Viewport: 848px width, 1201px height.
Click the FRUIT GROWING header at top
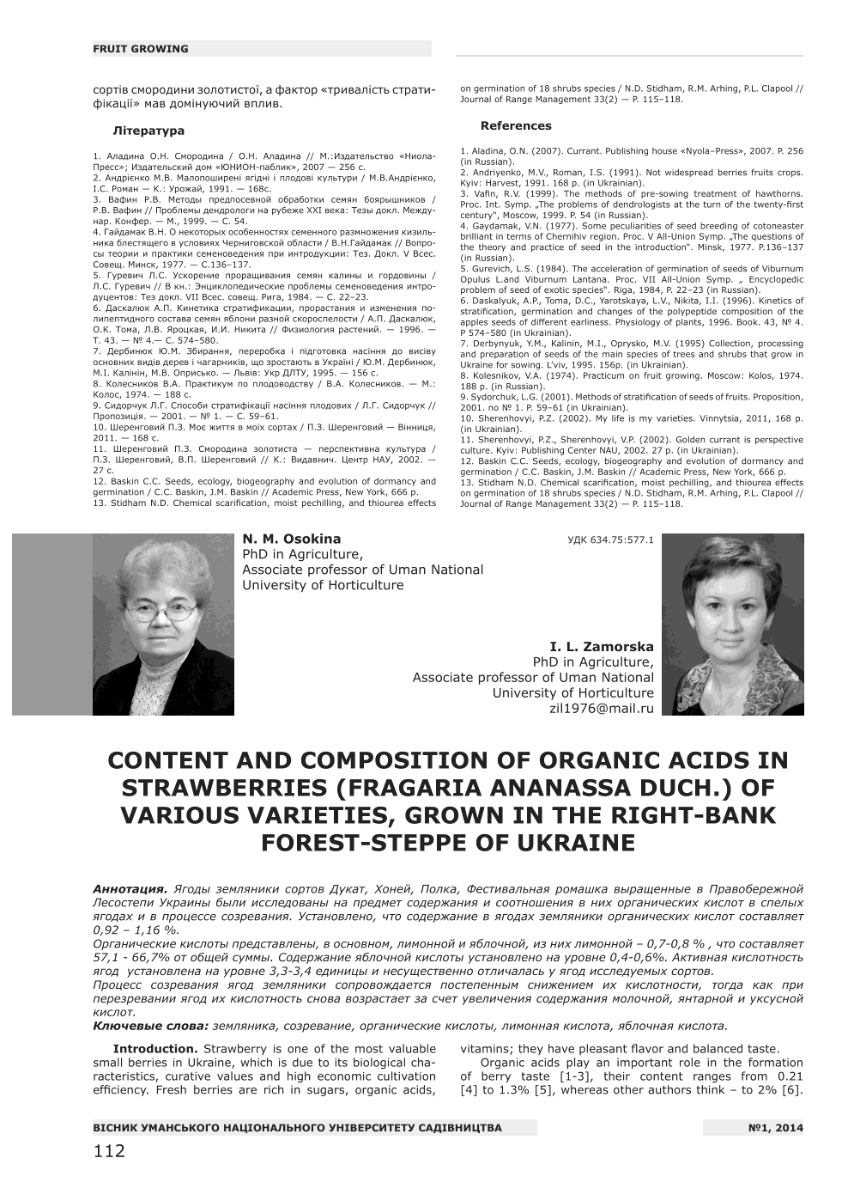coord(140,49)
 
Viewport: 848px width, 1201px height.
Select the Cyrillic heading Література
coord(148,131)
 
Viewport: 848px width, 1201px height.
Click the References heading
coord(516,125)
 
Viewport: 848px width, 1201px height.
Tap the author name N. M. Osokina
coord(291,540)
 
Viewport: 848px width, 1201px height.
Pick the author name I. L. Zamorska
coord(602,646)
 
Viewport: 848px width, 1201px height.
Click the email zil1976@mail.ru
coord(601,709)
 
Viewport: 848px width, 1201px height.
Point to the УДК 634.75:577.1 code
coord(610,540)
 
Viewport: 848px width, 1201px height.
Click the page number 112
coord(109,1151)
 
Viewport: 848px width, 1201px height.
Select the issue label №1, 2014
coord(776,1128)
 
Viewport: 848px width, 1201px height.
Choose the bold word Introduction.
coord(155,1049)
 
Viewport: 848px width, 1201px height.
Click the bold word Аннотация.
coord(130,889)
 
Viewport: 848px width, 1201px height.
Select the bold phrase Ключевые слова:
coord(150,1026)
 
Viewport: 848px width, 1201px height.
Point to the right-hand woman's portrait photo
coord(733,625)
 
